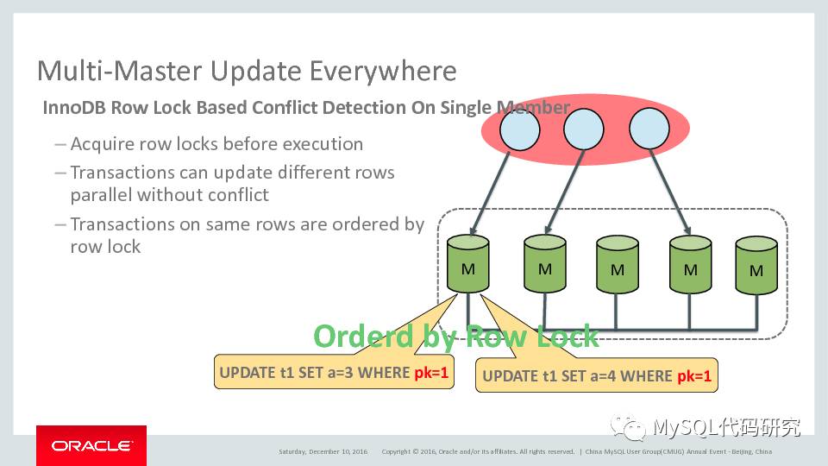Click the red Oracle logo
point(91,445)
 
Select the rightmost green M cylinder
point(756,267)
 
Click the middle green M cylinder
point(618,266)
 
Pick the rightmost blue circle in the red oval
point(649,130)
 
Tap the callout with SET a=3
point(334,372)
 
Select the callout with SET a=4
point(598,375)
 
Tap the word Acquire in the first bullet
point(103,144)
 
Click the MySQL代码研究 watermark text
point(726,427)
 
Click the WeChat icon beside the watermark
point(628,427)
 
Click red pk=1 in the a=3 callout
point(431,372)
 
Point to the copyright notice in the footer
point(478,451)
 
